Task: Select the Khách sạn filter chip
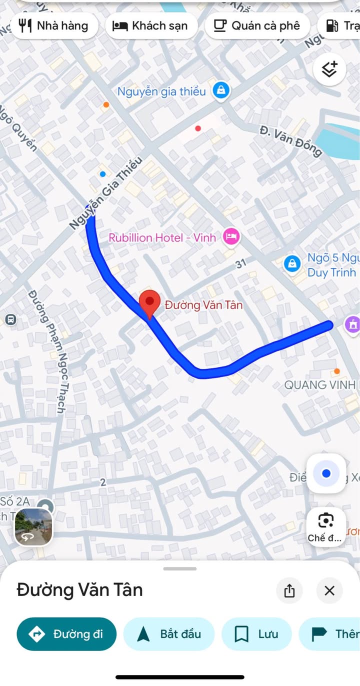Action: [151, 26]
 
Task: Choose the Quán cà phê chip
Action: [256, 26]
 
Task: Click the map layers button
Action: [329, 70]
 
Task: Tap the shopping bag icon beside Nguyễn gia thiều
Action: [220, 91]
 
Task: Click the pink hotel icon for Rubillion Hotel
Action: [231, 236]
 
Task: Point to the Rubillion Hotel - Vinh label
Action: [162, 237]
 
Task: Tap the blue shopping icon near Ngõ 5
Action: [292, 263]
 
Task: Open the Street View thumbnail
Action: [33, 527]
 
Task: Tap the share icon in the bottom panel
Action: [289, 591]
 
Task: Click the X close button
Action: [329, 591]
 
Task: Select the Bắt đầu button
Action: [169, 634]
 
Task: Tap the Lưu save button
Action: [256, 634]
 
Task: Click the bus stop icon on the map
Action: [10, 319]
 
